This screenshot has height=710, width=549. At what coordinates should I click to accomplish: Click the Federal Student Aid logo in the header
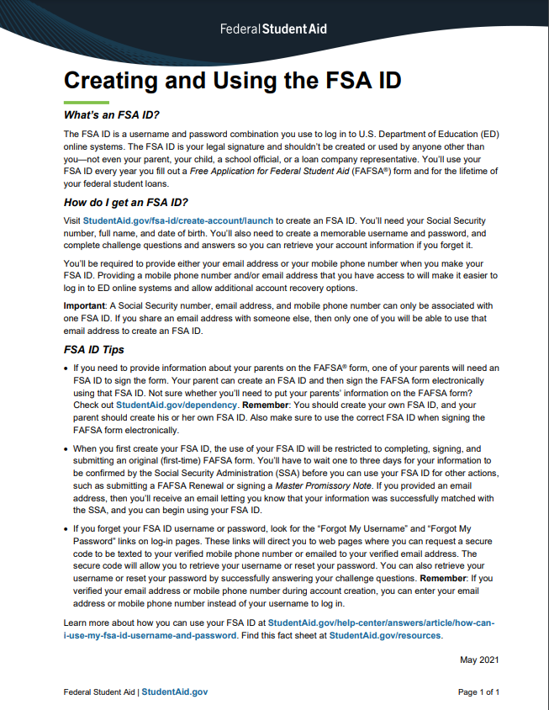point(273,29)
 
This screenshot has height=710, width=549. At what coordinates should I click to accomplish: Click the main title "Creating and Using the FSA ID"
point(232,81)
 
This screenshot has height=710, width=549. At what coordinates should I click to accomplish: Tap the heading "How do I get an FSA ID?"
point(125,202)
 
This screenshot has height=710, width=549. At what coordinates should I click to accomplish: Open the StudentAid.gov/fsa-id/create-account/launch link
point(178,220)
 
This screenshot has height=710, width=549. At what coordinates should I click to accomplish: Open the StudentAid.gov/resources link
point(386,635)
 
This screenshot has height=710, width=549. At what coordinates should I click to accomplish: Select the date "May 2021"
point(479,660)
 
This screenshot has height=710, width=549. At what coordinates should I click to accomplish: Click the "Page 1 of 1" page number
point(478,692)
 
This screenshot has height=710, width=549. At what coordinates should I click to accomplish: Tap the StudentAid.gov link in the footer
point(174,692)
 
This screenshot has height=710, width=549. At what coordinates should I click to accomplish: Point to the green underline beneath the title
point(87,102)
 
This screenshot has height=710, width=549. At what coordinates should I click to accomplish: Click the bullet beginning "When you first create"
point(67,450)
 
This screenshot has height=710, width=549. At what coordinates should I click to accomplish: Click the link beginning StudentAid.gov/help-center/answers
point(382,623)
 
